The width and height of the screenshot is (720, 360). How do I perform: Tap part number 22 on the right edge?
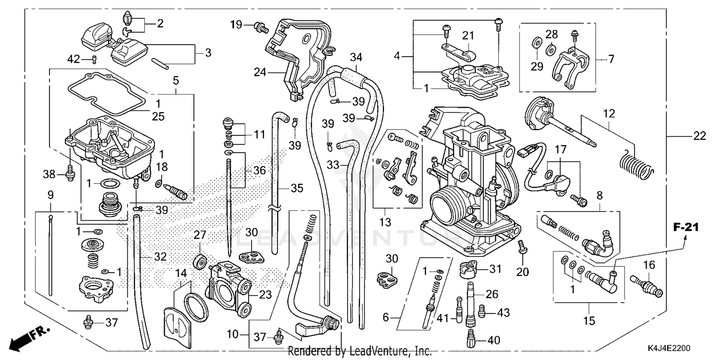coord(699,136)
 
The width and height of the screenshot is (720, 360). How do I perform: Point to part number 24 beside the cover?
coord(260,72)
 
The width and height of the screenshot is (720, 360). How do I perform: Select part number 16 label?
coord(648,264)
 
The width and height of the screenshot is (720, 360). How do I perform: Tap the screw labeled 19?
coord(261,26)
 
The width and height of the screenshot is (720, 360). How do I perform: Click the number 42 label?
coord(73,59)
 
